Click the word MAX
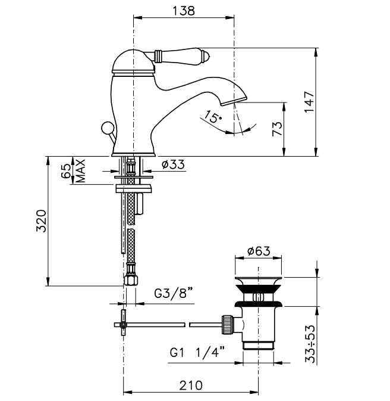point(80,171)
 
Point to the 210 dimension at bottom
point(190,385)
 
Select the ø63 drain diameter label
point(259,251)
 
